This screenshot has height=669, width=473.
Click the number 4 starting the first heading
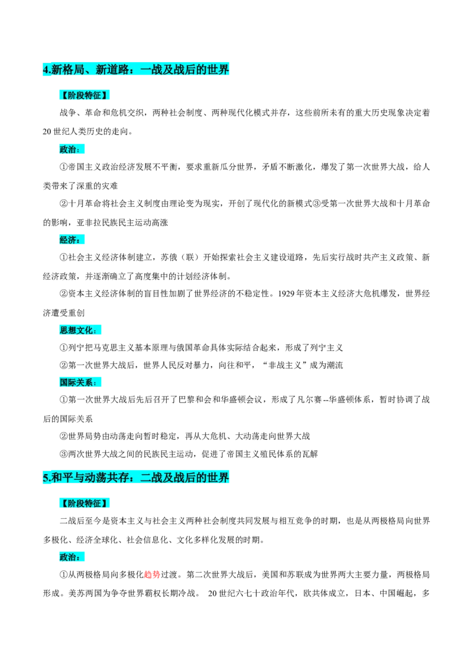(x=46, y=70)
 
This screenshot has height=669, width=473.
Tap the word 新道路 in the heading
(x=111, y=70)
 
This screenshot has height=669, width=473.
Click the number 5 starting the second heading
(x=46, y=478)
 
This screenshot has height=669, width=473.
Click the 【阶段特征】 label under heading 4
(x=85, y=95)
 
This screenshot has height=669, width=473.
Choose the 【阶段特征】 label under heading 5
(x=85, y=504)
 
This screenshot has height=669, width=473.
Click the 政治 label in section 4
(x=69, y=150)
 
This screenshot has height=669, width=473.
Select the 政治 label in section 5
(x=69, y=557)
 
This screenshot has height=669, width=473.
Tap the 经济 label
(x=69, y=239)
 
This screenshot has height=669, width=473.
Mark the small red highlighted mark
(x=151, y=574)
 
